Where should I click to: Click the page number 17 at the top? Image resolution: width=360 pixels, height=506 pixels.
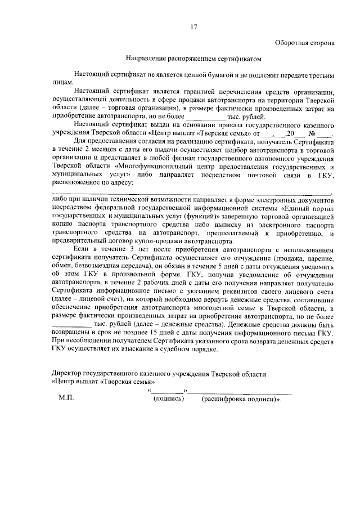pos(193,26)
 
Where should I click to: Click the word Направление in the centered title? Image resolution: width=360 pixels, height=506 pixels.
pos(146,57)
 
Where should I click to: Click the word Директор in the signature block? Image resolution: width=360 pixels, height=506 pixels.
pos(66,374)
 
